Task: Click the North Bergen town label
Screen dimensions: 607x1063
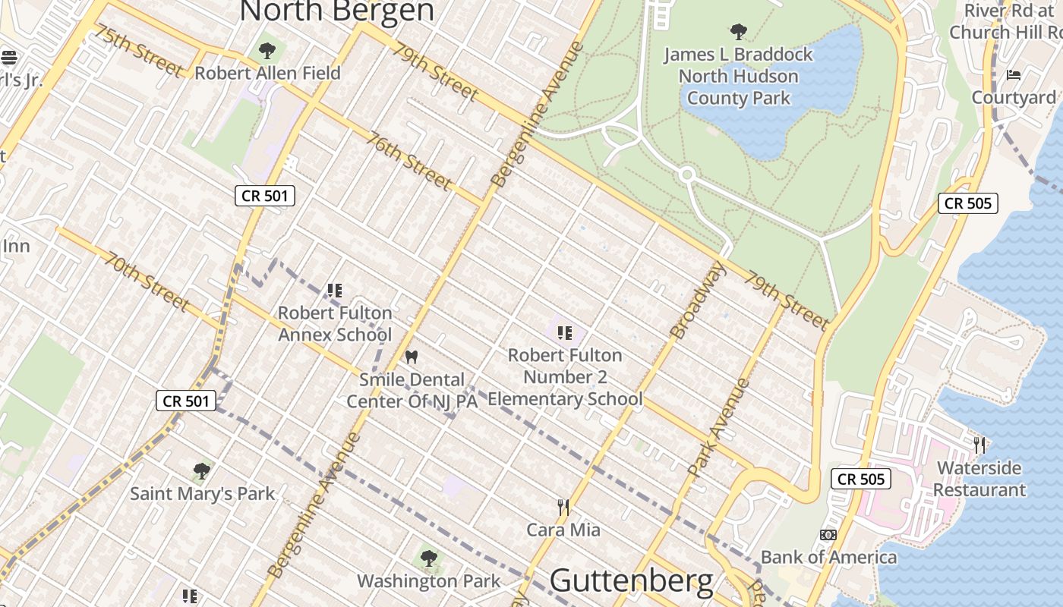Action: pyautogui.click(x=337, y=11)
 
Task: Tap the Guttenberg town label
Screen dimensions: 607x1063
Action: pyautogui.click(x=631, y=581)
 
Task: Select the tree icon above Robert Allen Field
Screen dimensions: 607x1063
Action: pyautogui.click(x=267, y=51)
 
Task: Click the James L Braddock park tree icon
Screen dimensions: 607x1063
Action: pyautogui.click(x=738, y=32)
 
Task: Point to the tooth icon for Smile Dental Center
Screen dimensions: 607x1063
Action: pyautogui.click(x=412, y=357)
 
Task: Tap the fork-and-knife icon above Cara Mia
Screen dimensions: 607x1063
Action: pyautogui.click(x=563, y=507)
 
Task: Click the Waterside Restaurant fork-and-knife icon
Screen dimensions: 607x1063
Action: pyautogui.click(x=979, y=445)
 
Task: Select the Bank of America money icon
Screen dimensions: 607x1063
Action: pyautogui.click(x=828, y=535)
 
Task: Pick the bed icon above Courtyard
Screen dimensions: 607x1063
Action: pyautogui.click(x=1014, y=75)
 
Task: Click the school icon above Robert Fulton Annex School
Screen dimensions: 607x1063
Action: pyautogui.click(x=335, y=290)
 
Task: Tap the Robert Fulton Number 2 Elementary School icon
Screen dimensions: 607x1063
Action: pyautogui.click(x=564, y=332)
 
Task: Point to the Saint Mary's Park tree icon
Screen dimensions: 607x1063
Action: pyautogui.click(x=201, y=471)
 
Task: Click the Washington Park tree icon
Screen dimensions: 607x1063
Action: pyautogui.click(x=429, y=559)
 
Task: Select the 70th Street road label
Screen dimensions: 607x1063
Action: pyautogui.click(x=147, y=282)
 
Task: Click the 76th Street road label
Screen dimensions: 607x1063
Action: pyautogui.click(x=408, y=161)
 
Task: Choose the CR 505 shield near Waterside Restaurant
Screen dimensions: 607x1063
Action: pyautogui.click(x=861, y=479)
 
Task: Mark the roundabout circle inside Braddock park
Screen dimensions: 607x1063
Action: pyautogui.click(x=688, y=175)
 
